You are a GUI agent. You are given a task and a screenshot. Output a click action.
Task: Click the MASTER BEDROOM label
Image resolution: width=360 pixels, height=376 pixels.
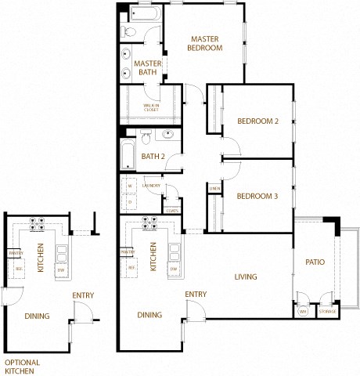coord(205,43)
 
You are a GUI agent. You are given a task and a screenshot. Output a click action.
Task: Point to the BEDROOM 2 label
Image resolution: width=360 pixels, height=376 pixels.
coord(258,121)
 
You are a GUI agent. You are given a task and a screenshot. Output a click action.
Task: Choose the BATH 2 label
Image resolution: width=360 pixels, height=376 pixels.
coord(153,157)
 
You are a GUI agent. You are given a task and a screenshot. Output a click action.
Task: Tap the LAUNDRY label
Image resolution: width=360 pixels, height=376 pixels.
coord(152,186)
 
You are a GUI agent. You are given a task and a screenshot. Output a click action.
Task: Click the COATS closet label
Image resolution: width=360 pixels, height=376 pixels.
coord(172,210)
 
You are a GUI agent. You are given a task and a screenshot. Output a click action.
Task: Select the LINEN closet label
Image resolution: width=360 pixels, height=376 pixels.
coord(214,188)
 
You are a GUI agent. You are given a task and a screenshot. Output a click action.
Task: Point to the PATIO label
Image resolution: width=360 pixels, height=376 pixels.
coord(315,262)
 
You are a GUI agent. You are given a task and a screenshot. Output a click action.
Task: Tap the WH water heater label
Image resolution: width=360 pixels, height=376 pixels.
coord(303,312)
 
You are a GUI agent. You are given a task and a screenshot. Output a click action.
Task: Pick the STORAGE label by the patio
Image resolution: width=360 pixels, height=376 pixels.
coord(327,312)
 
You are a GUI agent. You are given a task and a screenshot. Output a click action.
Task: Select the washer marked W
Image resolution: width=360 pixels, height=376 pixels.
coord(130,186)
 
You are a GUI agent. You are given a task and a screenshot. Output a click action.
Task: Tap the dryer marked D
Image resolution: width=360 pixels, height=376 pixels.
coord(130,201)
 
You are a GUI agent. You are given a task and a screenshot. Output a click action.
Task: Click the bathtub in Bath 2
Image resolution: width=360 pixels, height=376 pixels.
coord(128,154)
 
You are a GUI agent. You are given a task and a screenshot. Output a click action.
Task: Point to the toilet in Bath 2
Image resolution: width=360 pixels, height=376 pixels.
coord(146,139)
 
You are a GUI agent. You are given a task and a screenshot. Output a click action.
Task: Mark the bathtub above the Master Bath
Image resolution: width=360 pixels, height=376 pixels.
coord(143,13)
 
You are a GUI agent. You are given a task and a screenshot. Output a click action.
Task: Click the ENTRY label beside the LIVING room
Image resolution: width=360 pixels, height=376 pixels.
coord(196,295)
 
